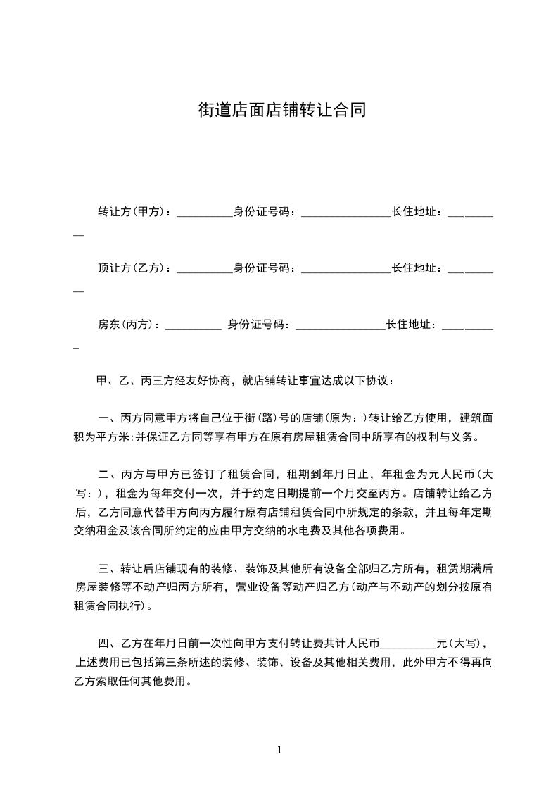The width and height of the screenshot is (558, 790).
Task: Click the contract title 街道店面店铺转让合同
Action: pyautogui.click(x=280, y=111)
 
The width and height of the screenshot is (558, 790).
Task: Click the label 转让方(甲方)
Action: pyautogui.click(x=131, y=211)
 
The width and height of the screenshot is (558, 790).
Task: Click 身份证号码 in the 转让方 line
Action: pyautogui.click(x=262, y=211)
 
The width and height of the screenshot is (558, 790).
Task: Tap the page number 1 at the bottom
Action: pyautogui.click(x=279, y=749)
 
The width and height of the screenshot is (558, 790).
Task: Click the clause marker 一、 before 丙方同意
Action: pyautogui.click(x=108, y=418)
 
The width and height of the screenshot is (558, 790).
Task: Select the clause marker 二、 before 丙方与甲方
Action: pyautogui.click(x=108, y=474)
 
